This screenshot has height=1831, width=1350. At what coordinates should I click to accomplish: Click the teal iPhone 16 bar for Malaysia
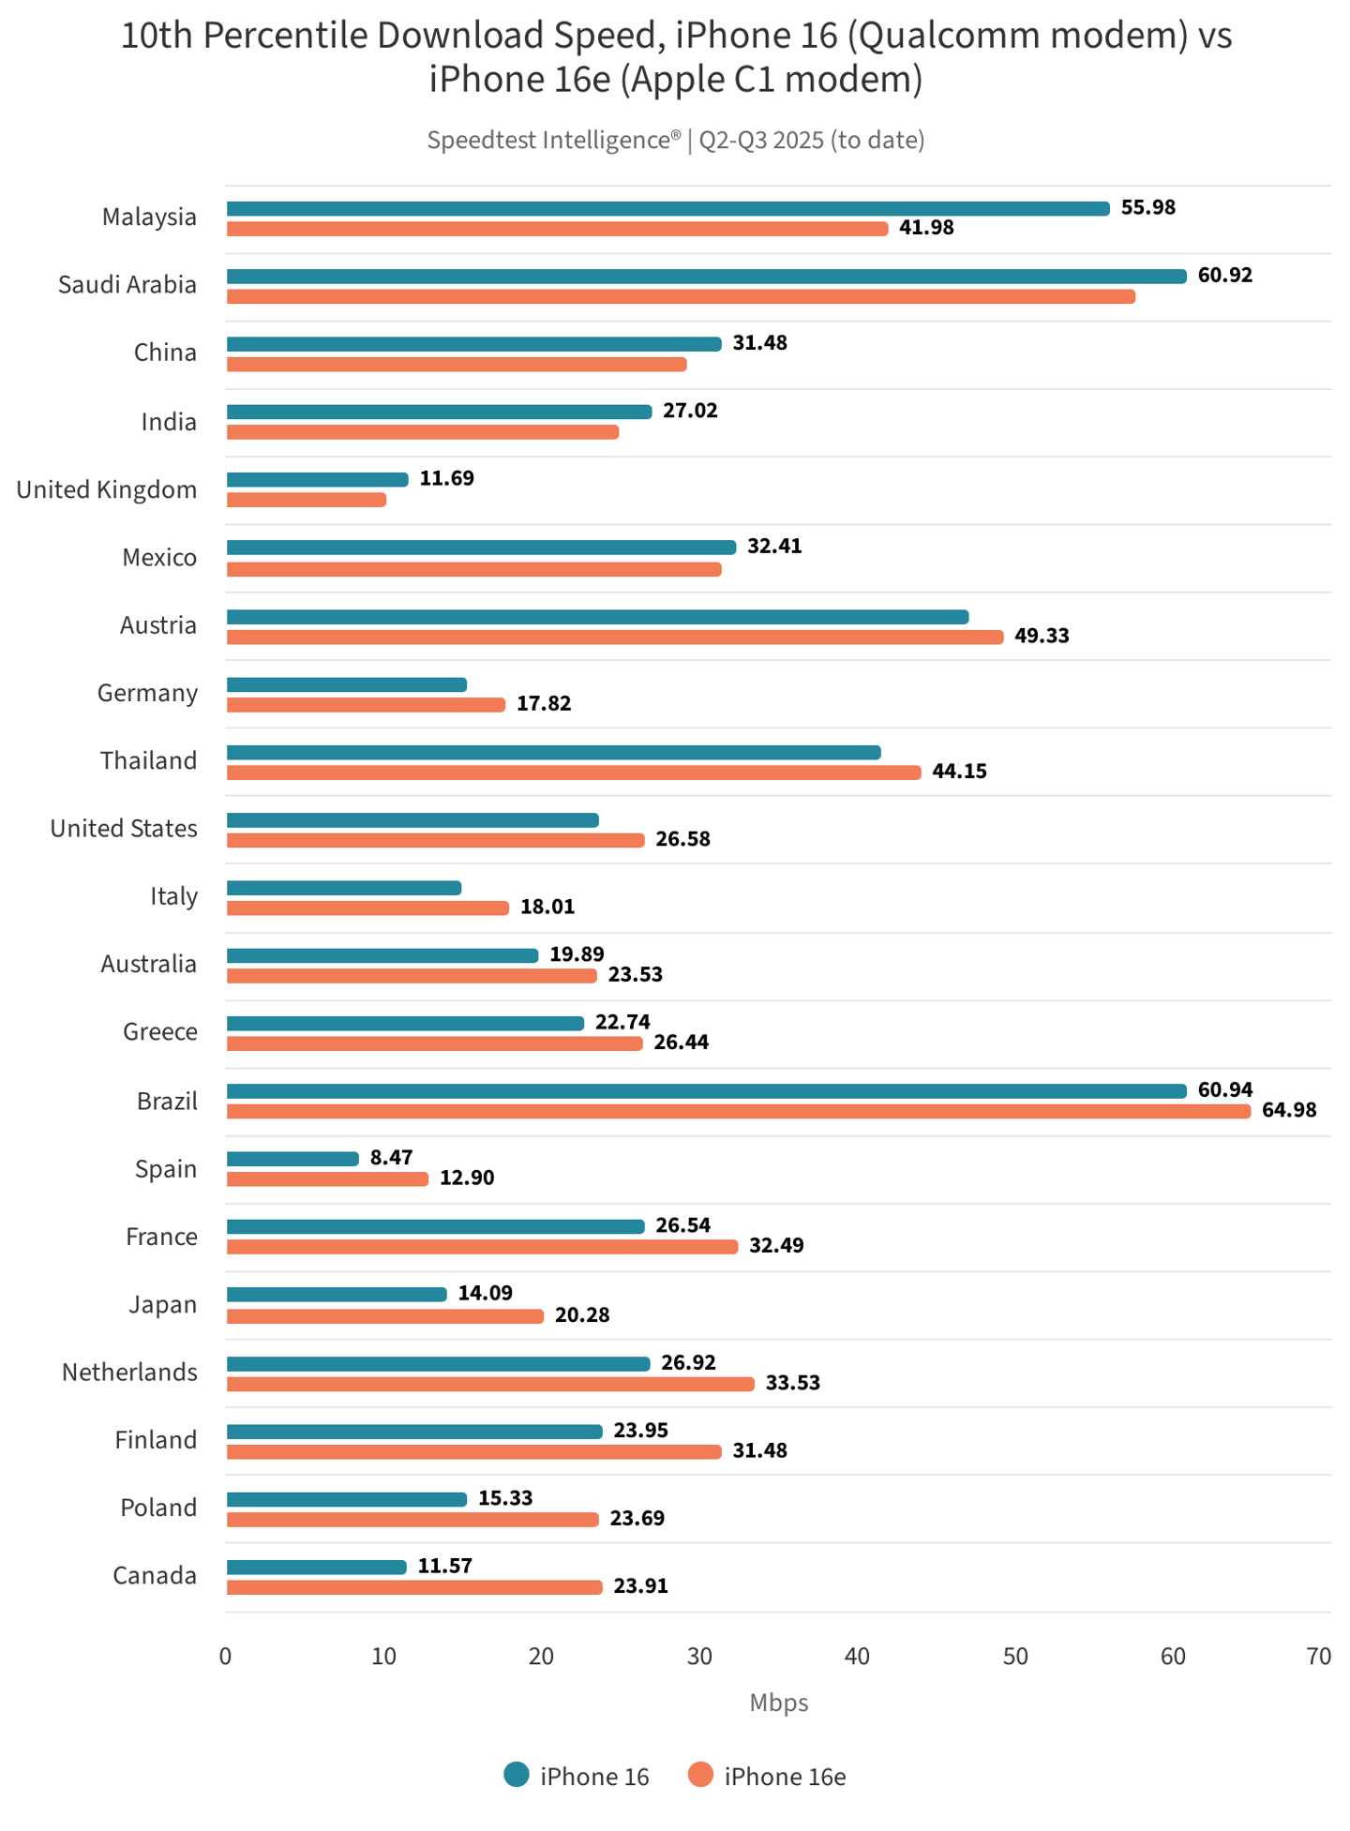[667, 208]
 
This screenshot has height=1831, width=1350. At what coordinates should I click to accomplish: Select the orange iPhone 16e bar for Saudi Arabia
[681, 296]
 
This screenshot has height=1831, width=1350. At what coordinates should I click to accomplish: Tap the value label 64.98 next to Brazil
[1289, 1110]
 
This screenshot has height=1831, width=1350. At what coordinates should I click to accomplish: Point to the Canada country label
[155, 1575]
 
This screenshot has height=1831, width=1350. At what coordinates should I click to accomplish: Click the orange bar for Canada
[414, 1587]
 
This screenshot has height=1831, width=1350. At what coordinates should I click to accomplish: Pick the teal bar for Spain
[292, 1159]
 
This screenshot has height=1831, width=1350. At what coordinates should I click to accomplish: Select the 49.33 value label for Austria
[1042, 636]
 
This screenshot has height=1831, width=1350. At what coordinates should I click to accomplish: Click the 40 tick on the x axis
[857, 1657]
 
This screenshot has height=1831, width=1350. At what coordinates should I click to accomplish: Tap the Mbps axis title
[778, 1703]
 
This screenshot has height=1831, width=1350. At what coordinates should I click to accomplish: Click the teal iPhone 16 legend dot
[517, 1775]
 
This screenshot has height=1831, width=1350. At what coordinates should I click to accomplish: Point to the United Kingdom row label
[107, 489]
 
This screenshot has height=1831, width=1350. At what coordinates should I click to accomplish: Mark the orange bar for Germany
[366, 704]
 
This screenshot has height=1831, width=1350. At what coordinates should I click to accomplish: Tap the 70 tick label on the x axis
[1318, 1657]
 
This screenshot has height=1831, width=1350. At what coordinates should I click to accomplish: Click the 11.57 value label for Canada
[445, 1566]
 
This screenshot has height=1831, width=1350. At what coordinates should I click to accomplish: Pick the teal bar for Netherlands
[438, 1363]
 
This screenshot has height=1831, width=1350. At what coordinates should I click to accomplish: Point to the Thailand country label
[149, 760]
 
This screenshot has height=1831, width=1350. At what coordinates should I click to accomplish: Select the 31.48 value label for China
[760, 343]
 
